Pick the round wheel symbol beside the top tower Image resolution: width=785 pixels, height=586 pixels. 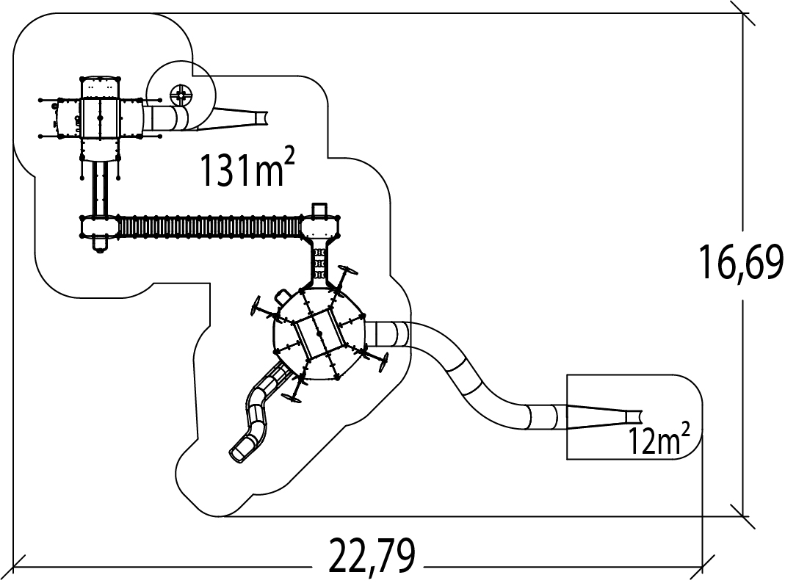pos(180,94)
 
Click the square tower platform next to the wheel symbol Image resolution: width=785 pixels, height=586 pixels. pos(99,117)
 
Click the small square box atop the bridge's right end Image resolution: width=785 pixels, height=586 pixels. pos(319,210)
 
